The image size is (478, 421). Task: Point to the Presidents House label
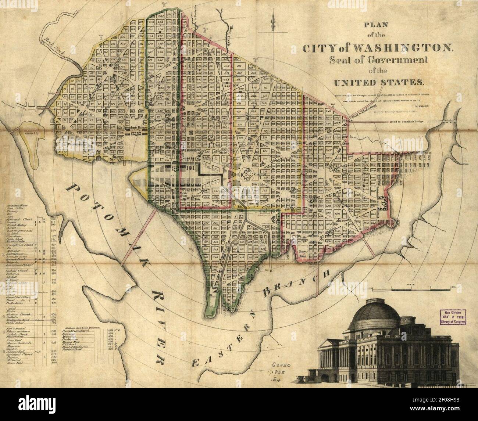click(135, 128)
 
